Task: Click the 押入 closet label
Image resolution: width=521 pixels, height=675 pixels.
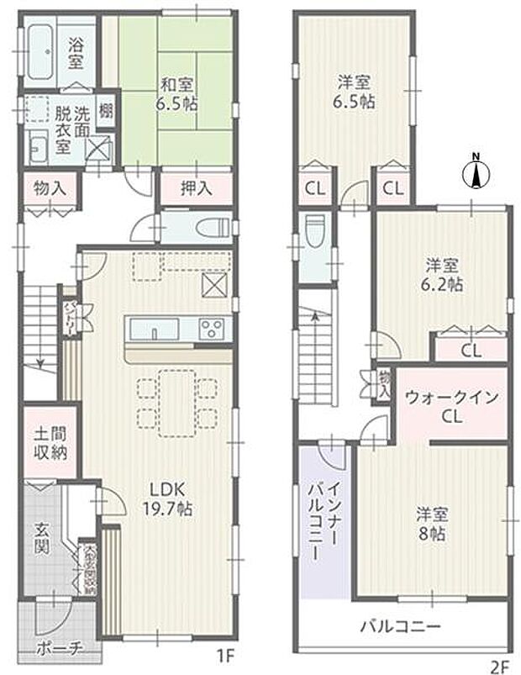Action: click(196, 188)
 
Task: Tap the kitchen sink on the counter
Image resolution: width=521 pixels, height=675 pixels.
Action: click(155, 327)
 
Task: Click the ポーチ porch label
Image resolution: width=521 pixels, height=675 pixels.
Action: click(58, 648)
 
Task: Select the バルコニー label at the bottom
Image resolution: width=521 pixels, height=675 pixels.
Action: click(400, 626)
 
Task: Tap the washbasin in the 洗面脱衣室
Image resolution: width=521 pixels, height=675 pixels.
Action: click(39, 149)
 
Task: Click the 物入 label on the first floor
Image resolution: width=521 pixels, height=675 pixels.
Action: click(50, 188)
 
